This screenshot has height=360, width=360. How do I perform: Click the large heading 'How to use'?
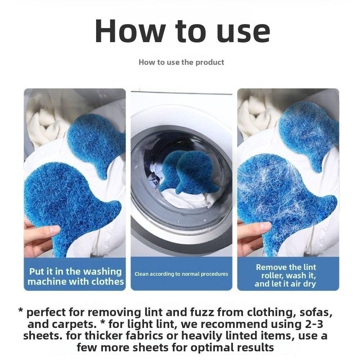pos(182,31)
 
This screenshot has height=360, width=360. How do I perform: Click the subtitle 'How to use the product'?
pos(181,62)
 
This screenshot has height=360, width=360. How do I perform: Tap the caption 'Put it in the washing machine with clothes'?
pos(76,276)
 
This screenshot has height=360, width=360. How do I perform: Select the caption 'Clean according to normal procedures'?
pos(181,274)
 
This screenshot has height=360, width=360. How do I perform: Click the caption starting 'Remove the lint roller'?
pos(285,275)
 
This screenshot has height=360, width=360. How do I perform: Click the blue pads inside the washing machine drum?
pos(189,173)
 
